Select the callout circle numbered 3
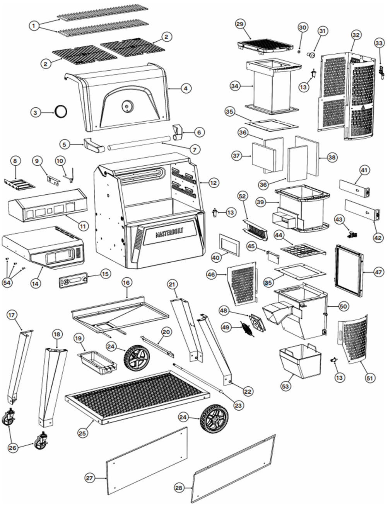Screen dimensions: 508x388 point(36,112)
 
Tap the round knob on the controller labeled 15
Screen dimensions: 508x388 point(85,279)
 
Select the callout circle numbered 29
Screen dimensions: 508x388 point(240,24)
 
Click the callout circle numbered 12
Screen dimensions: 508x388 point(212,183)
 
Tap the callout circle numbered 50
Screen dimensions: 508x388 point(343,306)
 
